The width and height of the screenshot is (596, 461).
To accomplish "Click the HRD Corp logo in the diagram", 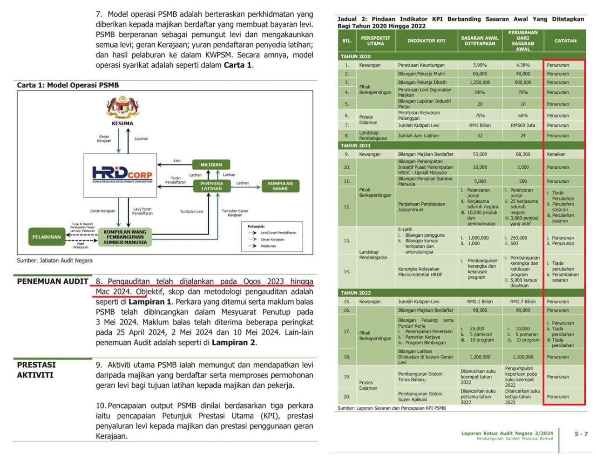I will [x=122, y=174].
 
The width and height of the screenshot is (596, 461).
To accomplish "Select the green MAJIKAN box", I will [x=211, y=165].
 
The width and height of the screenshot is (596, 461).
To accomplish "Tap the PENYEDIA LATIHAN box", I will [x=211, y=186].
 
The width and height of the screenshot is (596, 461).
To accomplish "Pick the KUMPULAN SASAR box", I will [x=280, y=186].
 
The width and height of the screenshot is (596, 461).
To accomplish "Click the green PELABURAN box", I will [x=47, y=237].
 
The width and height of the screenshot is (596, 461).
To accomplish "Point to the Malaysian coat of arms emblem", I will [x=122, y=107].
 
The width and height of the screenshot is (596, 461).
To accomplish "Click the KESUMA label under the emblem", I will [x=122, y=124].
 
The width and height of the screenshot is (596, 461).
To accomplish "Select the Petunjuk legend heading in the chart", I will [x=256, y=226].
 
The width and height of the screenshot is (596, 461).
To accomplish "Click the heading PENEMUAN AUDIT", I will [x=53, y=282].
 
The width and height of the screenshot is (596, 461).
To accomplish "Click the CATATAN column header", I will [x=565, y=41].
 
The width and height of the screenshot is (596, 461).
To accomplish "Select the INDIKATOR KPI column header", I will [x=426, y=41].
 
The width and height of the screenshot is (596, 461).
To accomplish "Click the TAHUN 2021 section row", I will [x=356, y=145].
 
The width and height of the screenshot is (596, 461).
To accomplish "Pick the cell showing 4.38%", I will [x=523, y=65].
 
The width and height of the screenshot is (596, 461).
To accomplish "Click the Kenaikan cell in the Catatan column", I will [x=556, y=154].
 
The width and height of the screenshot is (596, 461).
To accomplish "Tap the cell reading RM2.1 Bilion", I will [x=480, y=302].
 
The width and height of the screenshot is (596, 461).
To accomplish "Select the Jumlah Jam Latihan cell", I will [x=418, y=136].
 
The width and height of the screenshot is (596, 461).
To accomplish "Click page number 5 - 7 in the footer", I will [x=581, y=434].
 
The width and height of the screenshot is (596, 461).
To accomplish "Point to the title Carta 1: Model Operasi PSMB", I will [x=68, y=85].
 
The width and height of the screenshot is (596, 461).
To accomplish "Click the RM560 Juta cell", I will [x=523, y=125].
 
